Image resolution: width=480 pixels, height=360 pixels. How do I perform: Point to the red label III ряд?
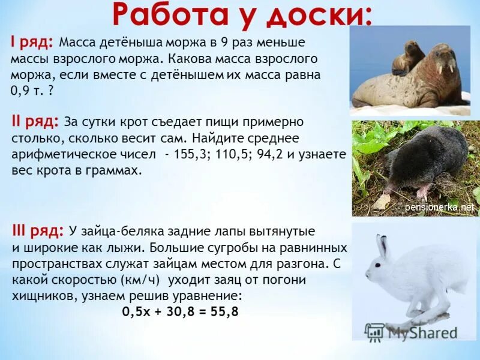coord(37,231)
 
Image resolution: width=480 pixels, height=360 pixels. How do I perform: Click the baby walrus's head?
coord(412,49)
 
